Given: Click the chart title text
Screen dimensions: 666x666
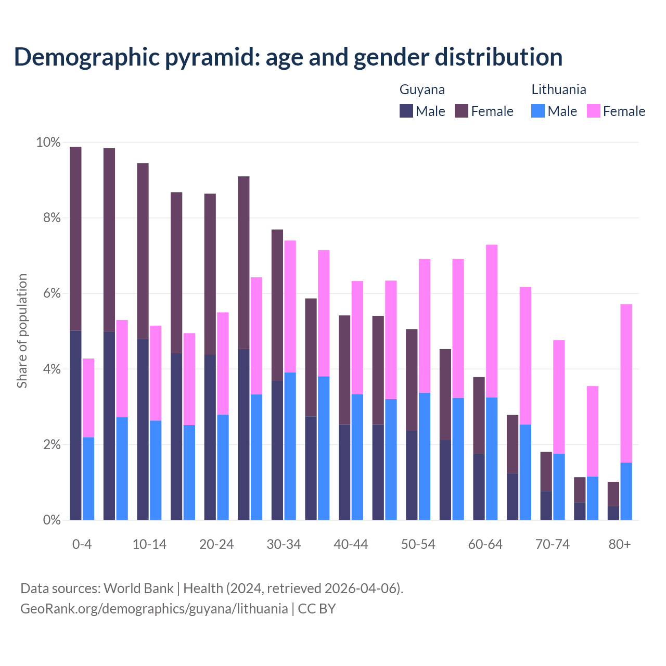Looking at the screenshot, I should (288, 57).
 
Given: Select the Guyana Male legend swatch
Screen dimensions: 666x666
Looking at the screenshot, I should (406, 111).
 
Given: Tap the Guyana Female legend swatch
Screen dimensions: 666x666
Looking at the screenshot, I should (462, 111).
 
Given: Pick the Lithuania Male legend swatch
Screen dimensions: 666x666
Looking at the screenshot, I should (538, 111).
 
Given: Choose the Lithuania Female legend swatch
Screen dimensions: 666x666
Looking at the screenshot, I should (593, 111).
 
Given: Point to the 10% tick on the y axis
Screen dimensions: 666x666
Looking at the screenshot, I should (48, 143).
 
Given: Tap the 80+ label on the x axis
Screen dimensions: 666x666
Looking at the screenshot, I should (620, 544).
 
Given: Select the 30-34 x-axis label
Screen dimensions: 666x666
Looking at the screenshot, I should (284, 544).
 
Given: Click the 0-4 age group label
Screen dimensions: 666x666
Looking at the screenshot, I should (82, 544).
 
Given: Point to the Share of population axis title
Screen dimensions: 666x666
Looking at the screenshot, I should (22, 331).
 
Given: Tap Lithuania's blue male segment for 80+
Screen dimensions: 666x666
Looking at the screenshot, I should (626, 491).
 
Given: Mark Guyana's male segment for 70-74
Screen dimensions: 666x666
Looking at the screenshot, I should (546, 505).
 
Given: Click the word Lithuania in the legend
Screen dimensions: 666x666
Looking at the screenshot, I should (559, 89).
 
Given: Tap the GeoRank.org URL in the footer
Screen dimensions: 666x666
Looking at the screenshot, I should (154, 608).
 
